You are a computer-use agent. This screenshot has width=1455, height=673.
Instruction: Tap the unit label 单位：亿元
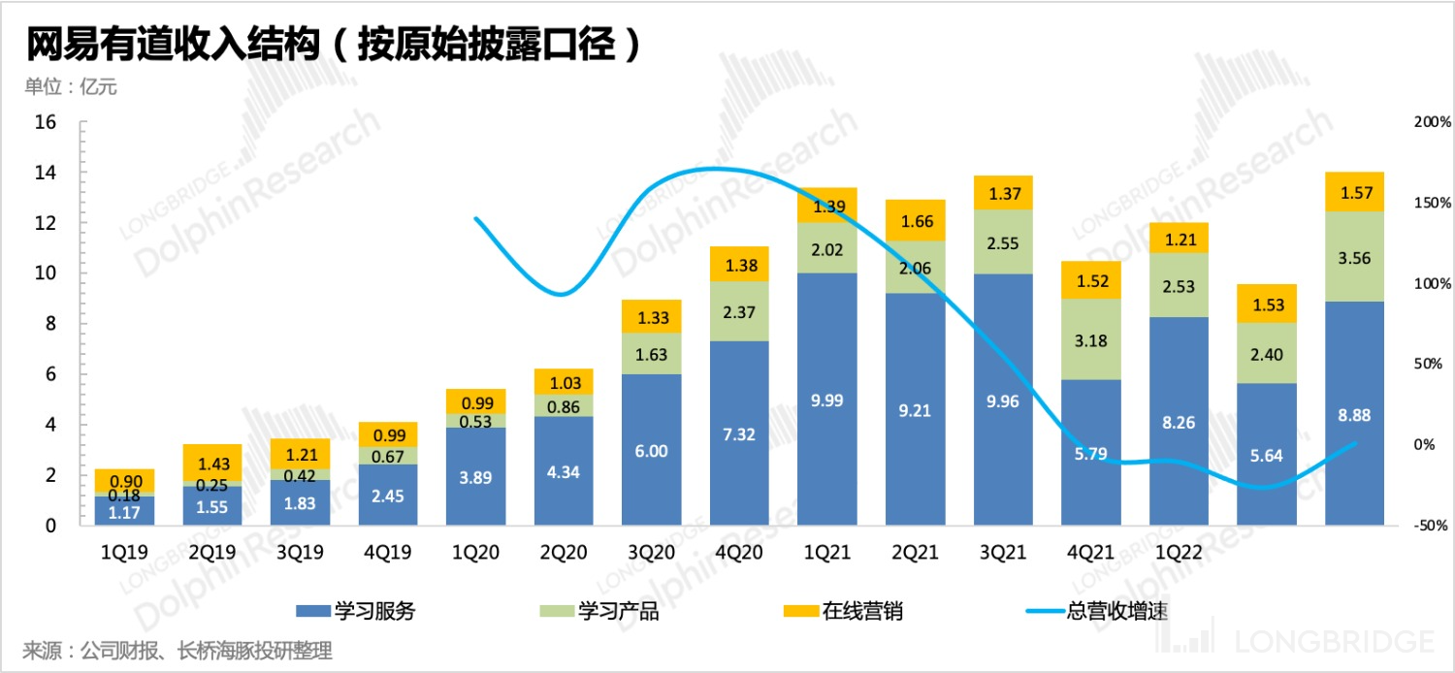pos(71,87)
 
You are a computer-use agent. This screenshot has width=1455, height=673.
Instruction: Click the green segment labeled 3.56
pos(1355,256)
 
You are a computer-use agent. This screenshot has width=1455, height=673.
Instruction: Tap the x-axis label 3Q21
pos(1003,553)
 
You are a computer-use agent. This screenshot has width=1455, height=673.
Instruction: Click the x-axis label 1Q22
pos(1179,553)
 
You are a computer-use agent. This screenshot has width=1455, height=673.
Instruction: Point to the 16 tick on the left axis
pos(46,122)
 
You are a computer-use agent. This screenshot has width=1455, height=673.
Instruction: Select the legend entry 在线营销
pos(843,611)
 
